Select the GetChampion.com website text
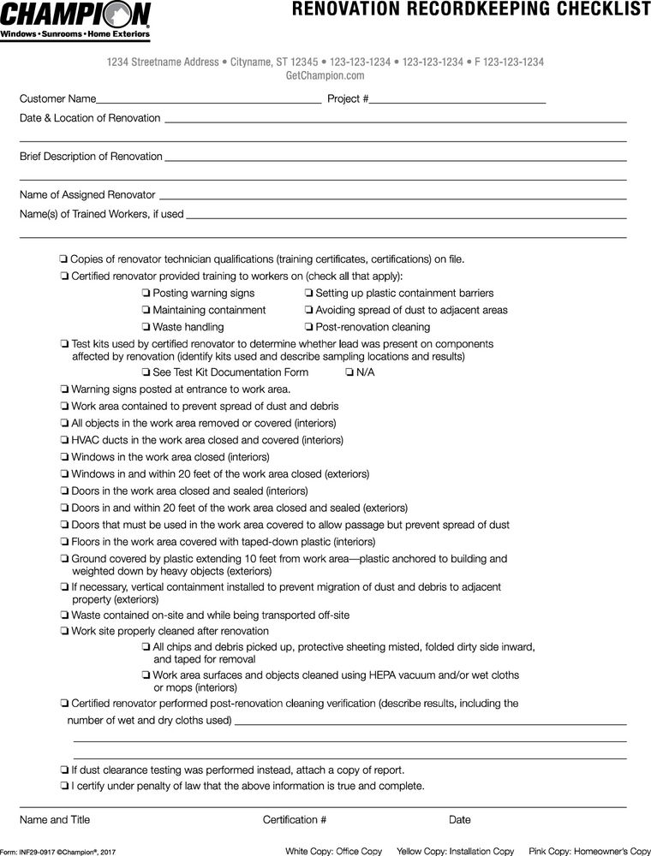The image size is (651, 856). (x=325, y=75)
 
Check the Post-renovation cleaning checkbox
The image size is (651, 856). (x=308, y=327)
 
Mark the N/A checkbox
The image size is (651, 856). (x=349, y=372)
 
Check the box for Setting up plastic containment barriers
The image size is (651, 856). (x=308, y=294)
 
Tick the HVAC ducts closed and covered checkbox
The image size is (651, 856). (x=64, y=440)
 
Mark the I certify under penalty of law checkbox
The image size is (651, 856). (x=64, y=786)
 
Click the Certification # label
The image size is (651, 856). (x=294, y=819)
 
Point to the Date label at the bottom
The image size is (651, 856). (x=459, y=819)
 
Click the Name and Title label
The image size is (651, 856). (x=54, y=819)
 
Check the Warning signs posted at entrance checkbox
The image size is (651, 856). (x=64, y=389)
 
